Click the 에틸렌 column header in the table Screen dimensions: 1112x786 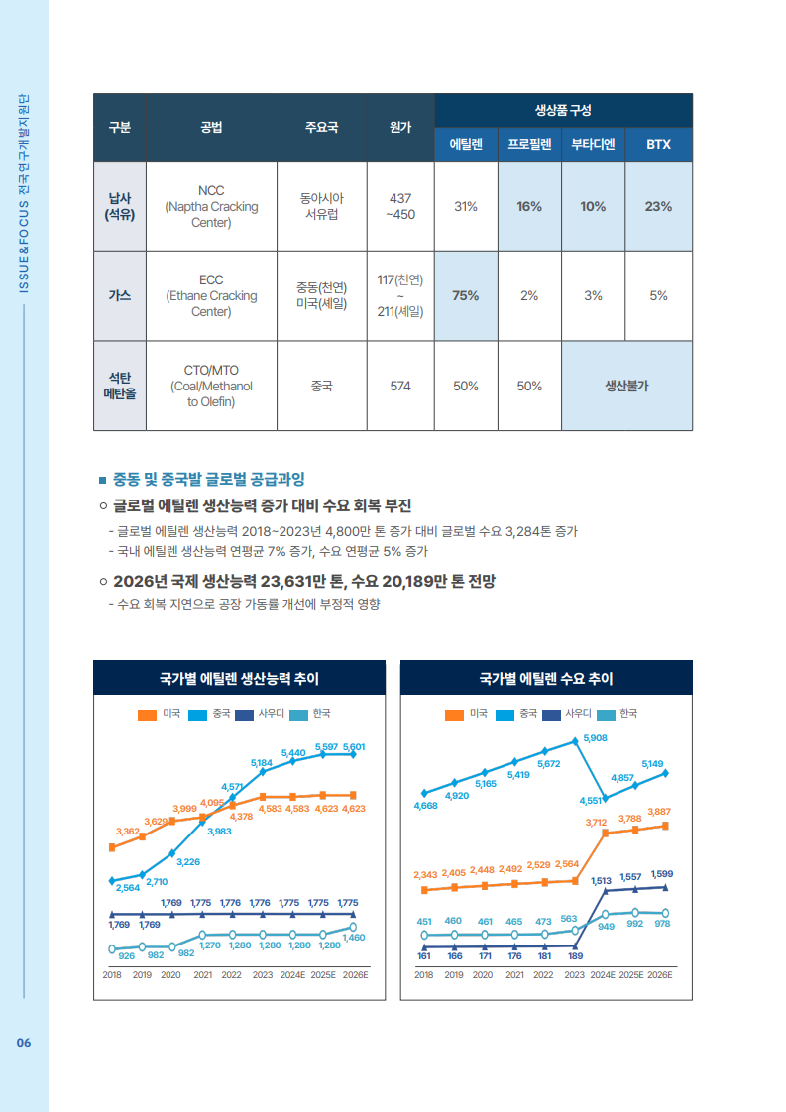tap(466, 145)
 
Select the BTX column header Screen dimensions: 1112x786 tap(658, 145)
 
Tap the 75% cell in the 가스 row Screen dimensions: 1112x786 tap(466, 295)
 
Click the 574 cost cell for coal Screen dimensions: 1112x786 tap(400, 386)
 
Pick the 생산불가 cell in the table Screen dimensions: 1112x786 tap(626, 386)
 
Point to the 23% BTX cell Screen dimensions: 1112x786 tap(658, 206)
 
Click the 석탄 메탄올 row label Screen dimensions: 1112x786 tap(120, 386)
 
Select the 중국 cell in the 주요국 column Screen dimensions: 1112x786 tap(322, 386)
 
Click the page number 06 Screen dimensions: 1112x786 tap(24, 1042)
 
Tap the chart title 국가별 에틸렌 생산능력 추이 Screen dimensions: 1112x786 tap(239, 679)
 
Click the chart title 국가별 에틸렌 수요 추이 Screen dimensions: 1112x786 tap(546, 679)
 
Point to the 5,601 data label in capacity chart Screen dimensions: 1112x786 tap(354, 746)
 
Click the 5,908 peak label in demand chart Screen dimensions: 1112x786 tap(596, 738)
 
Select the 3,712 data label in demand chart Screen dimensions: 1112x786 tap(596, 822)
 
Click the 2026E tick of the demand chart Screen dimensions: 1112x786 tap(660, 974)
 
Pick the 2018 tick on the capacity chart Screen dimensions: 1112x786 tap(113, 974)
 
